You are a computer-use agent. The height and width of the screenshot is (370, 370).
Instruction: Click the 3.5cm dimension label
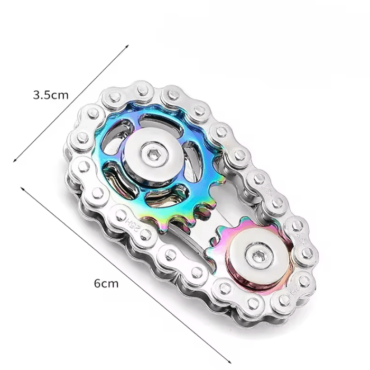(x=51, y=95)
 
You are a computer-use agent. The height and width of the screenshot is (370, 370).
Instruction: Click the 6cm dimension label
(x=106, y=283)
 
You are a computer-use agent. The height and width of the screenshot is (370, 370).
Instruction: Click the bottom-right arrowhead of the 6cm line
(x=229, y=362)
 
